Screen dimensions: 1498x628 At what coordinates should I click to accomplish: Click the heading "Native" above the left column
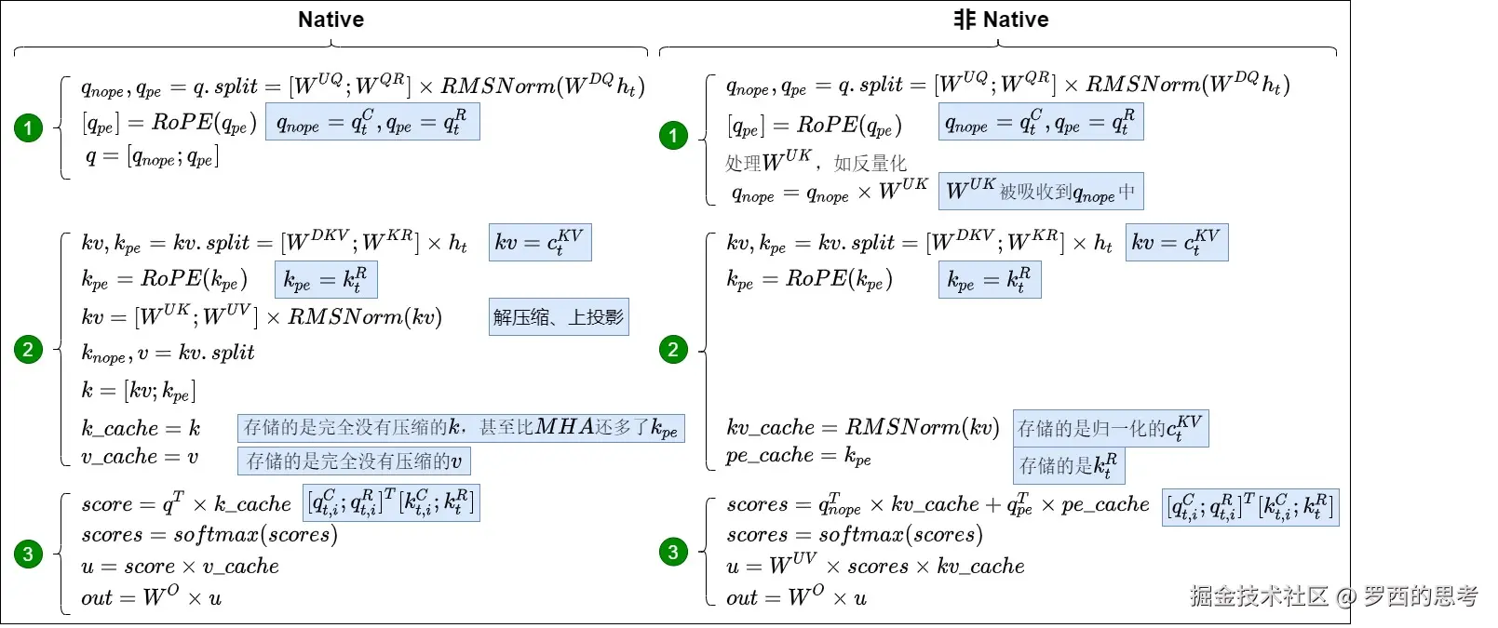[x=331, y=20]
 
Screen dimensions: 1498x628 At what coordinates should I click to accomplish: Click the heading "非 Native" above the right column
[x=1001, y=20]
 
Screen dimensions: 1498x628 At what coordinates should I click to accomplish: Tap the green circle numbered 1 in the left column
[x=28, y=127]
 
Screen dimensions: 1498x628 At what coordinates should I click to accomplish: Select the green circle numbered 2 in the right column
[x=673, y=350]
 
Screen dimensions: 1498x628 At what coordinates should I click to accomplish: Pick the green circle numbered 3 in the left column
[x=28, y=554]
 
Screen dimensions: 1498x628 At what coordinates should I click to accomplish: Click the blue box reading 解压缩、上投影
[x=559, y=317]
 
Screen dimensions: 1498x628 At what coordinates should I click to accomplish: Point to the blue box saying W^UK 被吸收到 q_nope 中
[x=1041, y=192]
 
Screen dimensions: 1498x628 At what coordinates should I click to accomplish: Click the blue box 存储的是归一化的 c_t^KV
[x=1110, y=428]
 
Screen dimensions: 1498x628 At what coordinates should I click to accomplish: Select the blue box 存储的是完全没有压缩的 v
[x=354, y=461]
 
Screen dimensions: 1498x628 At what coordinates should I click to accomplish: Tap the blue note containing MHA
[x=461, y=428]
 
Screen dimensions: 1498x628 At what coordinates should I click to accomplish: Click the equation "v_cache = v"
[x=140, y=457]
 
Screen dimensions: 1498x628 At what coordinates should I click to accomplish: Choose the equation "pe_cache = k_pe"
[x=799, y=456]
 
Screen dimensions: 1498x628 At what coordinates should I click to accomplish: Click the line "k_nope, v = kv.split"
[x=168, y=354]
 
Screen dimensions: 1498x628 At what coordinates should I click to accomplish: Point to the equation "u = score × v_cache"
[x=180, y=567]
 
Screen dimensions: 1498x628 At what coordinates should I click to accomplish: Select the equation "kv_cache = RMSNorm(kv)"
[x=862, y=428]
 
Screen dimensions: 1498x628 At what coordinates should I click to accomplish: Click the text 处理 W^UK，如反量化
[x=816, y=162]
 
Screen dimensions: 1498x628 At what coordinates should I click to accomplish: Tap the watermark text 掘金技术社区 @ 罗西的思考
[x=1333, y=596]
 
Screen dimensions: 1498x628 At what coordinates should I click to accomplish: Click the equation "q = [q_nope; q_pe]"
[x=152, y=157]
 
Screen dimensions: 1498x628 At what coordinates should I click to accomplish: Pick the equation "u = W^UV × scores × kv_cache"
[x=875, y=566]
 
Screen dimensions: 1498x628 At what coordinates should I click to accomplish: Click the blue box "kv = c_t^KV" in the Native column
[x=539, y=243]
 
